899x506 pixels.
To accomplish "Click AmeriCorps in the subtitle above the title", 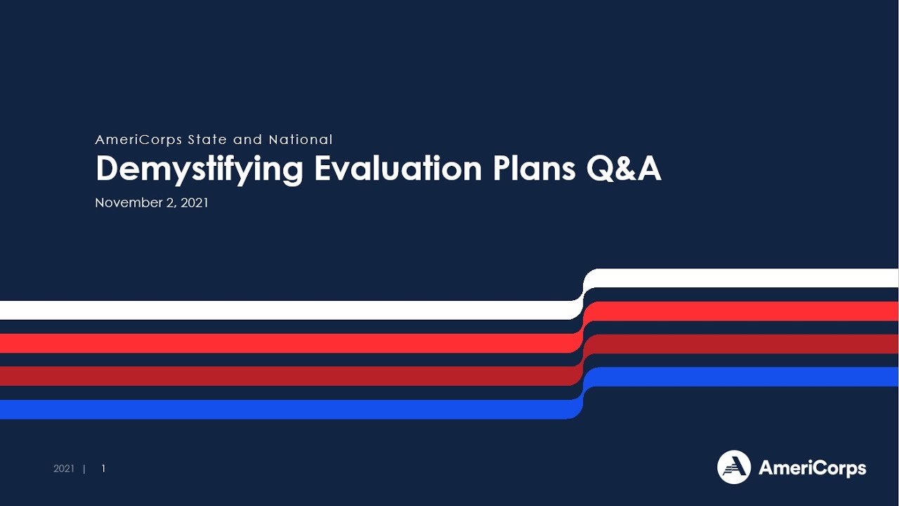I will click(138, 140).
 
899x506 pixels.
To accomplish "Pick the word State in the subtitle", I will click(207, 140).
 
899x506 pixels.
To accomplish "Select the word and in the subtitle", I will click(247, 140).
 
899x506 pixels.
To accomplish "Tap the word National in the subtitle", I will click(301, 140).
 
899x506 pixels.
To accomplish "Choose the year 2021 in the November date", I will click(194, 203).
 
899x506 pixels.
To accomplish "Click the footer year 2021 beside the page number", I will click(64, 469).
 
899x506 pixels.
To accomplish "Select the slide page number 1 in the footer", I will click(103, 469).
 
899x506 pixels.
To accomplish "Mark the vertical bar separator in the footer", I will click(84, 469).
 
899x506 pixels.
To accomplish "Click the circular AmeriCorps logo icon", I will click(734, 467).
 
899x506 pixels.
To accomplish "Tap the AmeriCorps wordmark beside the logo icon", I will click(812, 468).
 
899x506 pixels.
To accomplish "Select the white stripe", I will click(281, 310).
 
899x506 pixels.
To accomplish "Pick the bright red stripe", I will click(281, 343).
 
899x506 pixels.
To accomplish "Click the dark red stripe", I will click(281, 376).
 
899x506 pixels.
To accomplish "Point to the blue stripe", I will click(281, 409).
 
